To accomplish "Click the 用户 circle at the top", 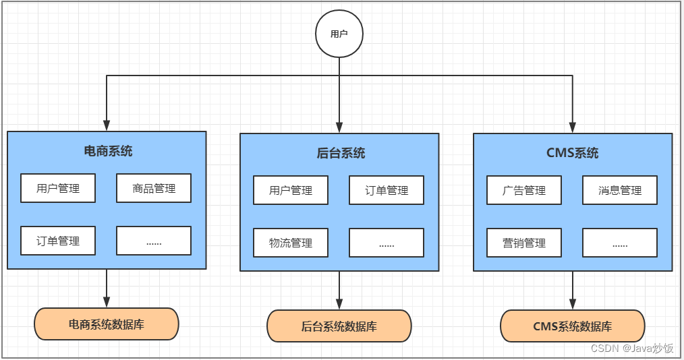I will tap(339, 33).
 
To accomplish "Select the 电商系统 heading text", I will tap(108, 151).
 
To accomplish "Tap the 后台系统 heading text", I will tap(341, 153).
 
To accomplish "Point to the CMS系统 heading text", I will tap(572, 153).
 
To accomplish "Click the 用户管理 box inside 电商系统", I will tap(58, 188).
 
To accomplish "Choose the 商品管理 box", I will tap(154, 188).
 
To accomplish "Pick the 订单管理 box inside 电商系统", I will tap(58, 241).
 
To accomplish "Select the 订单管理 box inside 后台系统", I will tap(387, 190).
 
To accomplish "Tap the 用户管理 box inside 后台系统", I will tap(291, 190).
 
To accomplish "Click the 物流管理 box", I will tap(291, 243).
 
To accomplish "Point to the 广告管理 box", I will tap(524, 190).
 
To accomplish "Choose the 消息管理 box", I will tap(620, 190).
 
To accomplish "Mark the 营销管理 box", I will tap(524, 243).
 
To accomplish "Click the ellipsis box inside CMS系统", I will tap(620, 243).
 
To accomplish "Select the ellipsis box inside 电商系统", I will tap(154, 241).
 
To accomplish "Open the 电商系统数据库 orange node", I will tap(107, 324).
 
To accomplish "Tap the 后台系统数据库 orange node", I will tap(339, 326).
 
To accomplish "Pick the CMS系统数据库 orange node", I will tap(573, 326).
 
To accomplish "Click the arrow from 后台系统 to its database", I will tap(339, 290).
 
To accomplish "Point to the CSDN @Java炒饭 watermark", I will tap(631, 348).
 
